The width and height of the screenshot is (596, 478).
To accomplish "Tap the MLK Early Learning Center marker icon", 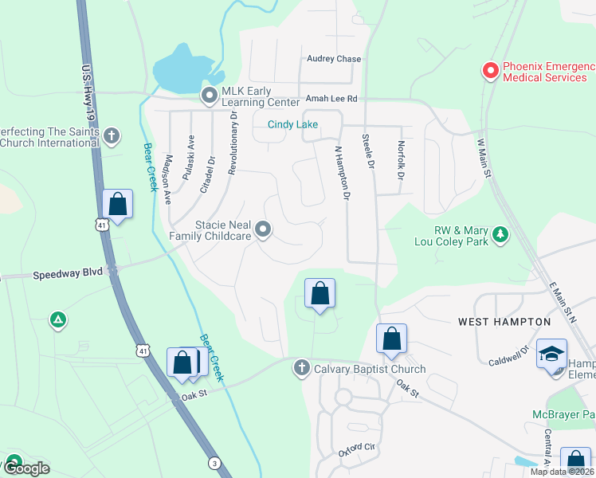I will [x=210, y=96].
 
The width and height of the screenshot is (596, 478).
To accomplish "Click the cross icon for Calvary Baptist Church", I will [x=301, y=368].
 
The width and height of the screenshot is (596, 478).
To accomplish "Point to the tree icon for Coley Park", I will [x=500, y=234].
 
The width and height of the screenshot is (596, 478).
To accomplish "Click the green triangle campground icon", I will [x=57, y=320].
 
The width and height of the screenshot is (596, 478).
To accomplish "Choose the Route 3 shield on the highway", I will [x=214, y=463].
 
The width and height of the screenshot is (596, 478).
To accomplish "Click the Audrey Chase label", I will [x=334, y=59].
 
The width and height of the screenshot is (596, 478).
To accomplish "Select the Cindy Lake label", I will [x=292, y=124].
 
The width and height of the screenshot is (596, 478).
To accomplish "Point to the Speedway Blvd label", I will [x=68, y=272].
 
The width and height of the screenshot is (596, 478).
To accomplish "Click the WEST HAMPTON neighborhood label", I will [x=504, y=322].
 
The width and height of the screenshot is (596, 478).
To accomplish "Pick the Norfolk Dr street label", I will [x=401, y=160].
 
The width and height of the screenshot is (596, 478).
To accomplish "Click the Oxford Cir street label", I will [x=356, y=448].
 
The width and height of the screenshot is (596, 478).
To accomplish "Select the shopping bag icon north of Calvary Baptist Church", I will [x=320, y=294].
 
